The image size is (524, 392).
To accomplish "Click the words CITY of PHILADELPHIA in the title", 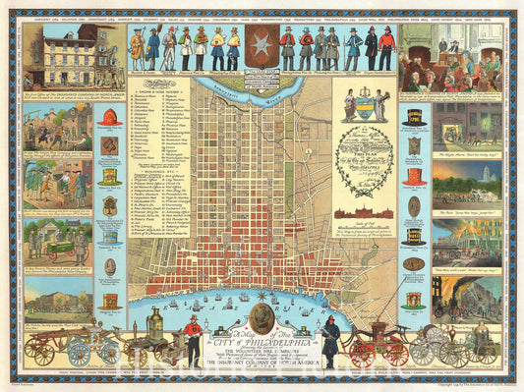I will coord(262,341).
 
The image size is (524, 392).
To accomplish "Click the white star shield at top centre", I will coord(262,49).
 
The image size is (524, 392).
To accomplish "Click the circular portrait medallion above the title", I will coord(262,317).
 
